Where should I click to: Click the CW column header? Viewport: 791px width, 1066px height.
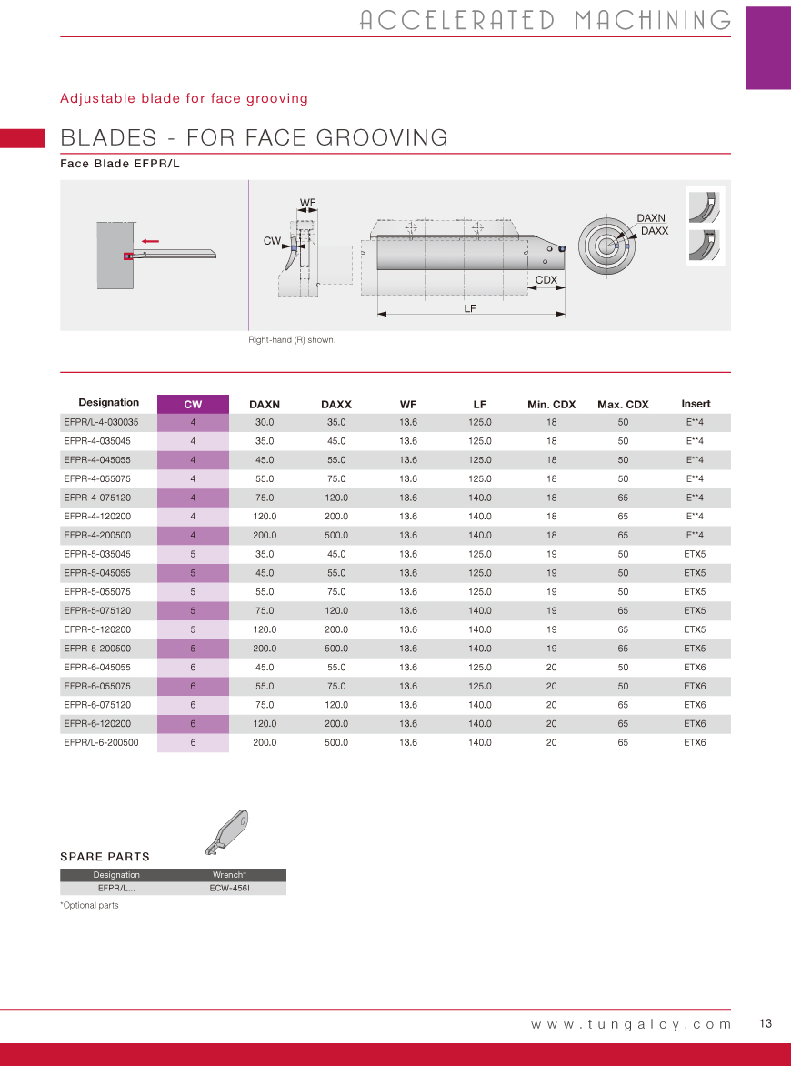click(193, 404)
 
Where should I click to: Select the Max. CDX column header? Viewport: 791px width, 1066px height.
click(623, 404)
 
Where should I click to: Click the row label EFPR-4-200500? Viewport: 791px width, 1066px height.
click(97, 536)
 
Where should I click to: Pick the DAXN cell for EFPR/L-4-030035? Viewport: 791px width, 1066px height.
click(265, 422)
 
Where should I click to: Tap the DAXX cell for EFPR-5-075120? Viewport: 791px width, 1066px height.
click(336, 611)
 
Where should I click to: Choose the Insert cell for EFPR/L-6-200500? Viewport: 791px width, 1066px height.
click(695, 743)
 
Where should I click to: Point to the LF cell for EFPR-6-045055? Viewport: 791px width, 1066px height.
click(480, 668)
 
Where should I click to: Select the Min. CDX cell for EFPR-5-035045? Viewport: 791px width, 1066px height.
click(551, 554)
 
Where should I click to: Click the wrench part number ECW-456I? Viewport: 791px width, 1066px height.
click(229, 888)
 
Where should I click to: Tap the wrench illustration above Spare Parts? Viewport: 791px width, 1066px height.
click(226, 831)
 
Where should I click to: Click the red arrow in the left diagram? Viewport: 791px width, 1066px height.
click(151, 241)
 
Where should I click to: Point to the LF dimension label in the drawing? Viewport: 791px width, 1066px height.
click(470, 308)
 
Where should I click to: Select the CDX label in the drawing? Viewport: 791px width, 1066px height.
click(546, 280)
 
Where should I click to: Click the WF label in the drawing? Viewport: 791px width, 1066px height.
click(307, 202)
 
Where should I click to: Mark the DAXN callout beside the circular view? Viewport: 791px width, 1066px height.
click(651, 218)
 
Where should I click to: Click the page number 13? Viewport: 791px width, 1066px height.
click(765, 1023)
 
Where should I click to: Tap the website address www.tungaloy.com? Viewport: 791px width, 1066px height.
click(631, 1024)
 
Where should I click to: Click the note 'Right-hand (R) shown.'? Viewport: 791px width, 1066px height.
click(292, 340)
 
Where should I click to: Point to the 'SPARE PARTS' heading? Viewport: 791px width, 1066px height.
click(105, 857)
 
